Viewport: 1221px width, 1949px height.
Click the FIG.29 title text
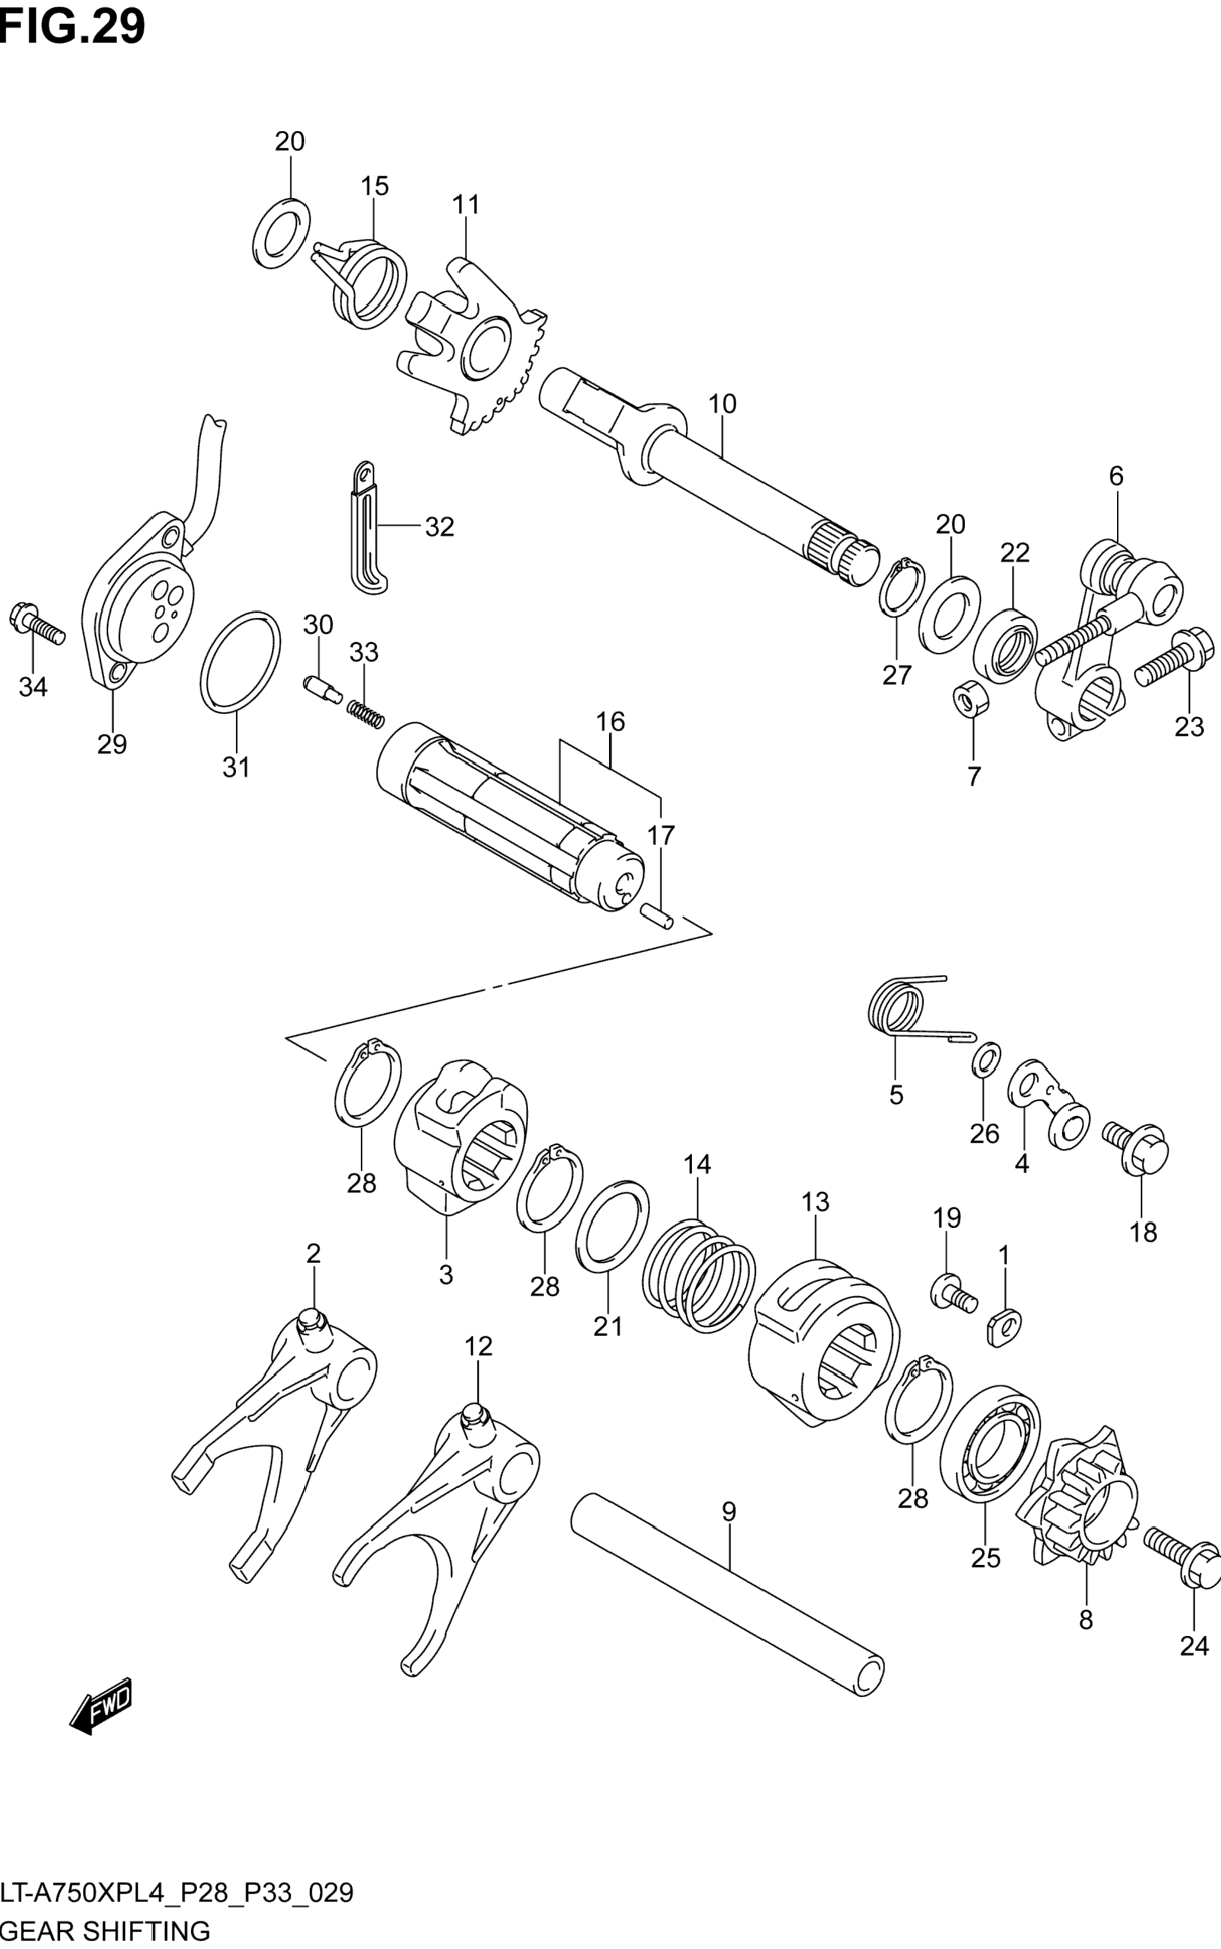pos(73,26)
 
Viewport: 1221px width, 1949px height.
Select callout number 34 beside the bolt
pos(33,688)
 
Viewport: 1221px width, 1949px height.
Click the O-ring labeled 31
pos(240,663)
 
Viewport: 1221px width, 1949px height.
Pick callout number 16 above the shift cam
pos(611,721)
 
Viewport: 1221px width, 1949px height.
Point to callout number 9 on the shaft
pos(728,1512)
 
